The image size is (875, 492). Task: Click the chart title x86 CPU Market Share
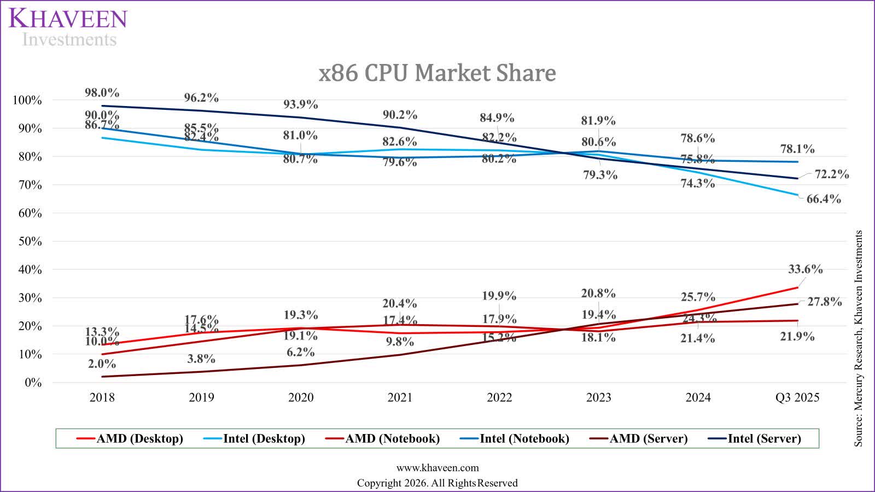point(437,73)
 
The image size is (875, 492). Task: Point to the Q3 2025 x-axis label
point(797,397)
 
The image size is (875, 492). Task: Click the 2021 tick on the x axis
point(400,397)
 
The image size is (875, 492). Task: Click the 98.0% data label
point(102,93)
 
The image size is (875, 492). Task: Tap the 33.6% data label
point(805,269)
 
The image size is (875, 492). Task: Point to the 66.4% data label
point(824,199)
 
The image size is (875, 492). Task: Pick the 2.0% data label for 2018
point(102,364)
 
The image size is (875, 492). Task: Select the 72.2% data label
point(832,174)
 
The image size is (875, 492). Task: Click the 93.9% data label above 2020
point(300,104)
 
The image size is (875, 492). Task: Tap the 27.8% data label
point(824,302)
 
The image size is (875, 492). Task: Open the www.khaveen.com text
point(437,468)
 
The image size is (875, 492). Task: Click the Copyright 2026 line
point(437,483)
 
